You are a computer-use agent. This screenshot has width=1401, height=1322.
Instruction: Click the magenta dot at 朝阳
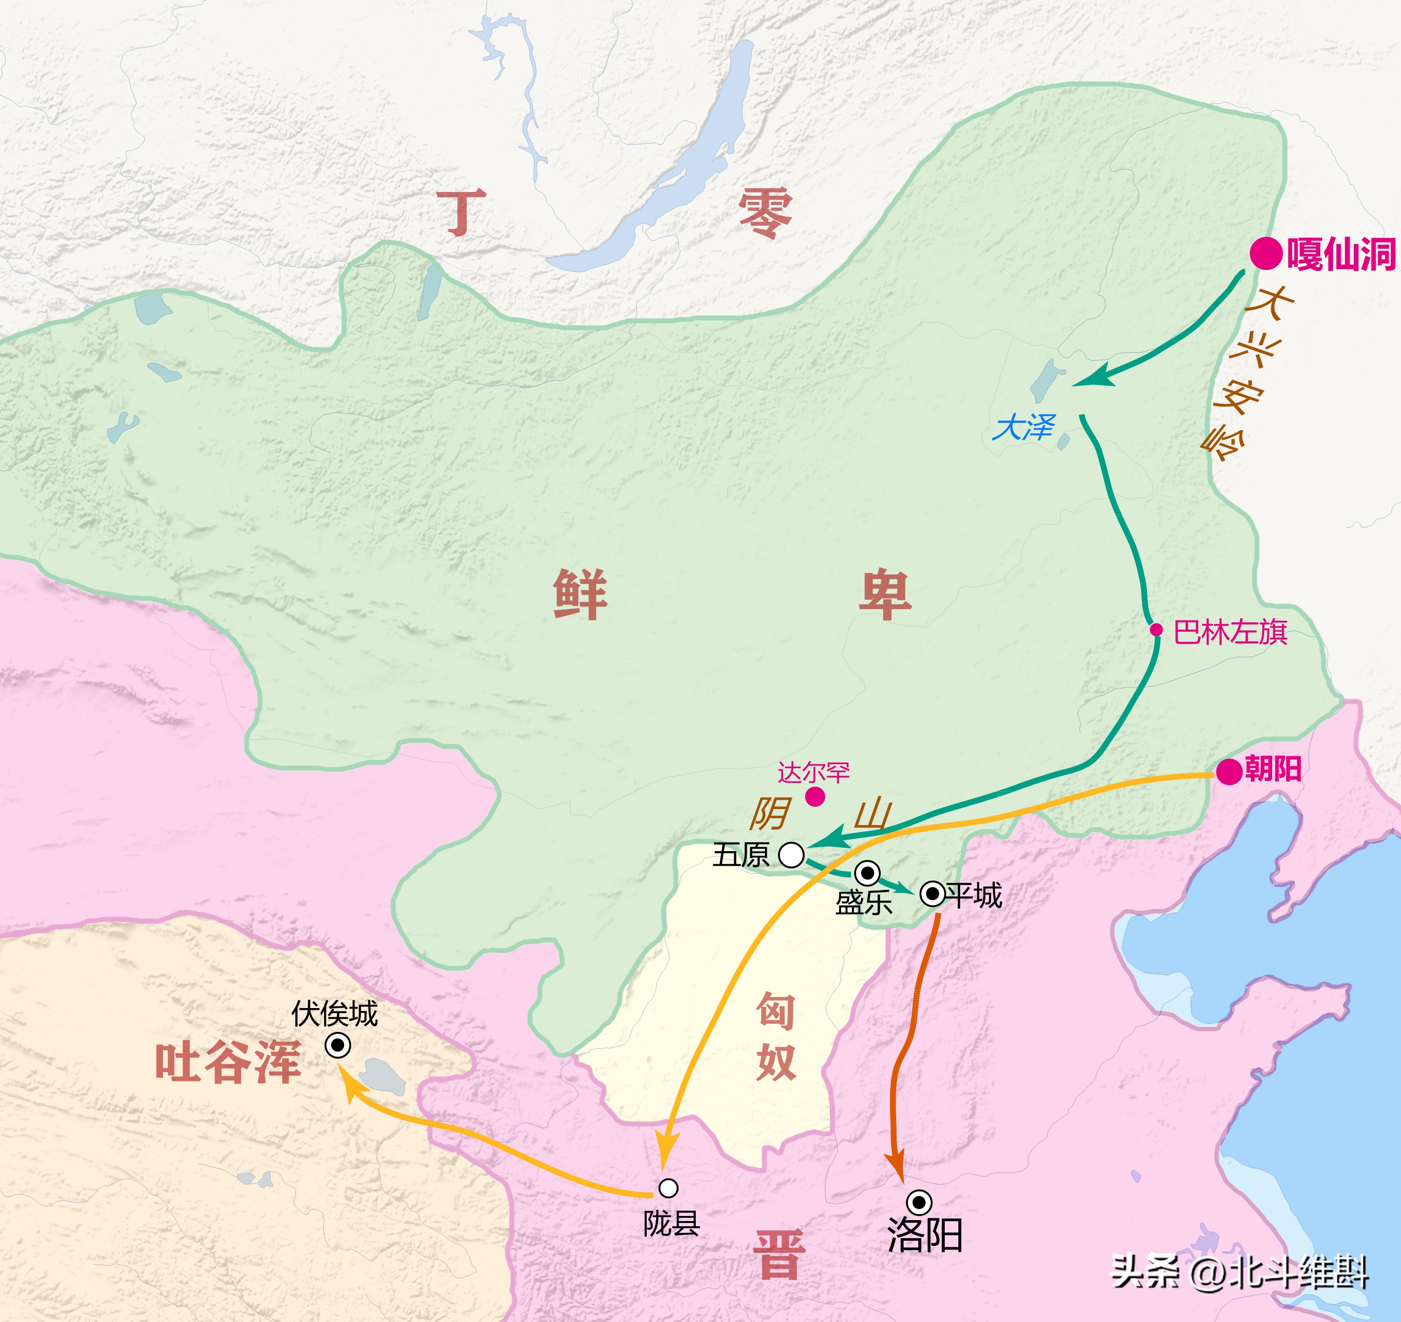(1229, 771)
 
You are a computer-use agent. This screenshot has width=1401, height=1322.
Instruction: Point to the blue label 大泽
(1024, 428)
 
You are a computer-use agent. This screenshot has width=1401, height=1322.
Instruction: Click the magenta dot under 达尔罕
(815, 797)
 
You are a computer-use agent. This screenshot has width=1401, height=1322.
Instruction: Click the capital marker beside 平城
(932, 895)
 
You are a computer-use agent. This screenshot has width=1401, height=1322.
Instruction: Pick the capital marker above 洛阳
(919, 1202)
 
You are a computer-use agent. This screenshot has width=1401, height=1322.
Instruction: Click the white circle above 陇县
(668, 1188)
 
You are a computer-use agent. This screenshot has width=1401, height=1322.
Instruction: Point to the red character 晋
(779, 1255)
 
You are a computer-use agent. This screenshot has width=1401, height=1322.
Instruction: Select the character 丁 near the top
(461, 213)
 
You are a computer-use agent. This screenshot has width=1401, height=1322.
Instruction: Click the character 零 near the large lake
(764, 213)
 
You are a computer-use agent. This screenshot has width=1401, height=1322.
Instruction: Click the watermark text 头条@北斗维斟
(1239, 1272)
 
